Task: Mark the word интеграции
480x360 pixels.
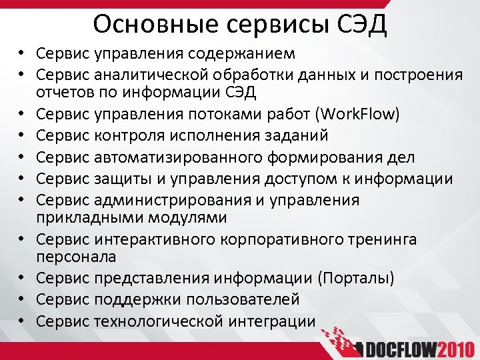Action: tap(270, 321)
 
